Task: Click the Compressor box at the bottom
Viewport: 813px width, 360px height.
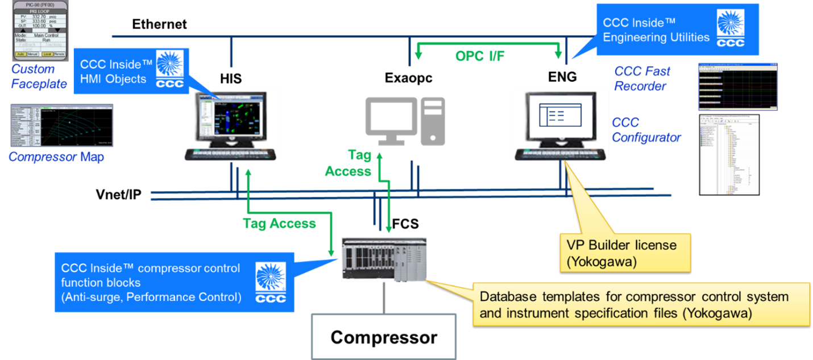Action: [x=383, y=337]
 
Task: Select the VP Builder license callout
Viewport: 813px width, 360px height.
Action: [x=625, y=253]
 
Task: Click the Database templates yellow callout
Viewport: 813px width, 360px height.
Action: [x=641, y=304]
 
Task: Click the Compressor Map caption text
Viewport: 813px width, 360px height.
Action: [x=56, y=157]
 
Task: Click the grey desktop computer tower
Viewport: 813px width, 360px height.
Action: [x=433, y=121]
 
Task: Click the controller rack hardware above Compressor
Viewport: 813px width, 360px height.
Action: [x=383, y=259]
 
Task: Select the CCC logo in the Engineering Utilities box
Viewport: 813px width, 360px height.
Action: [x=730, y=28]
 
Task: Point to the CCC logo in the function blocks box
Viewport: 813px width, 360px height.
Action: [x=271, y=283]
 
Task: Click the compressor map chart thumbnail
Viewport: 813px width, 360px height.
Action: [x=61, y=126]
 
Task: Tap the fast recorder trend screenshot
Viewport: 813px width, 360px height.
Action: [x=737, y=86]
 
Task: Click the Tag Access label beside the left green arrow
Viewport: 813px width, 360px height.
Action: [x=279, y=224]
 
